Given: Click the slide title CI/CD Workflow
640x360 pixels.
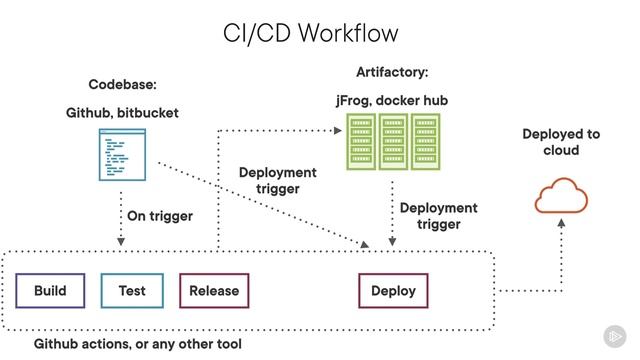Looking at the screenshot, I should click(x=310, y=32).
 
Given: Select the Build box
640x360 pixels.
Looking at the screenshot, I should click(x=50, y=291).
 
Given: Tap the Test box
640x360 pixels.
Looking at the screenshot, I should click(x=132, y=291).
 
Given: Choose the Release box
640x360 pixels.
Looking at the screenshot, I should click(x=214, y=291).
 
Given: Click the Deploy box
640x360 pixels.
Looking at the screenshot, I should click(x=393, y=291).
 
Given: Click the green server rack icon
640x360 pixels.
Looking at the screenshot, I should click(x=393, y=141).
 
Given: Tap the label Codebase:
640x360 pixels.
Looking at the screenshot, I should click(x=123, y=85).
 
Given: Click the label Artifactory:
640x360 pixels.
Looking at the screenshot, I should click(x=392, y=73).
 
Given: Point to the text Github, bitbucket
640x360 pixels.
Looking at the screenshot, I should click(x=123, y=113).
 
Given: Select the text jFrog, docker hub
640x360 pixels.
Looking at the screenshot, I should click(x=392, y=101).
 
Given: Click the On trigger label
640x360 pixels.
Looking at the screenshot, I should click(x=160, y=215).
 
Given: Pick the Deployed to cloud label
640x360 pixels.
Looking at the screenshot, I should click(x=561, y=142).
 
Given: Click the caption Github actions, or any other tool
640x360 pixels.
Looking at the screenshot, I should click(x=138, y=344).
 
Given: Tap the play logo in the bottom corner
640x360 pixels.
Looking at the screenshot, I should click(x=613, y=336).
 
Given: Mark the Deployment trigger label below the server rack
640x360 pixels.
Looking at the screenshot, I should click(x=439, y=216).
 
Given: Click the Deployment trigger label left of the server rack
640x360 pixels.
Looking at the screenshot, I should click(x=277, y=180).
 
